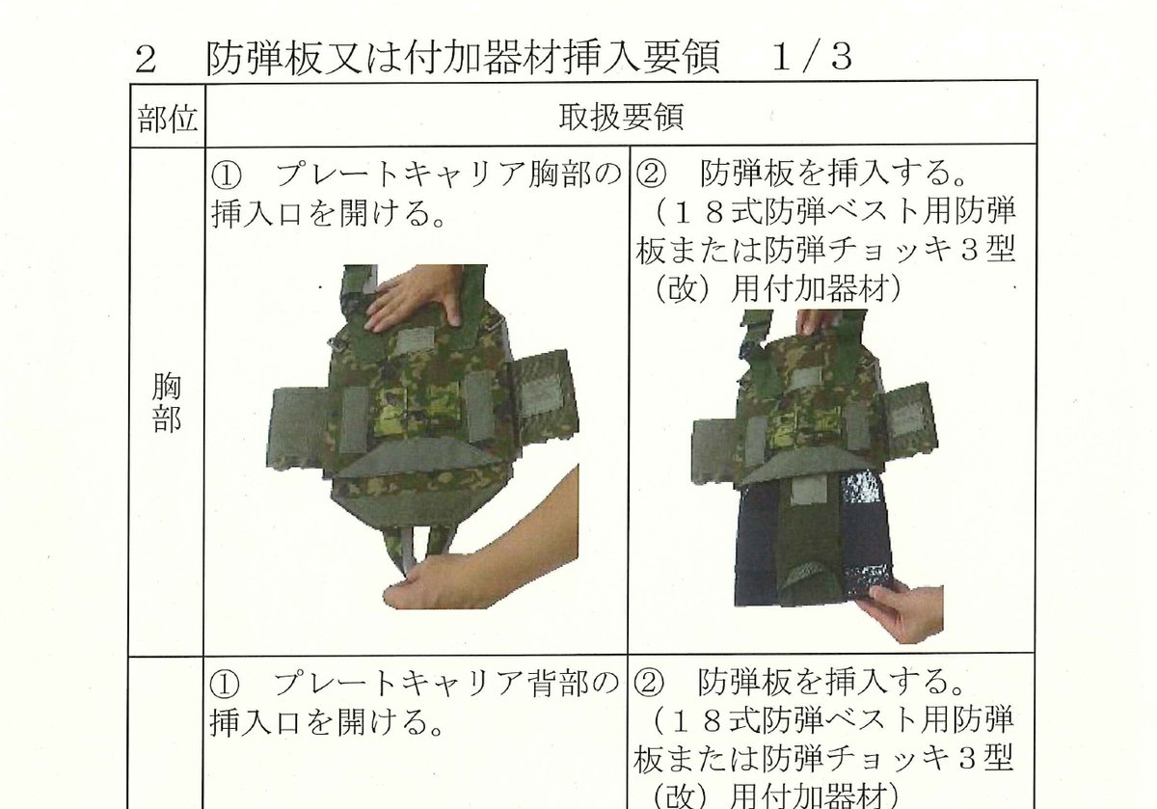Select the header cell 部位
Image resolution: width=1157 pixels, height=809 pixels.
coord(166,119)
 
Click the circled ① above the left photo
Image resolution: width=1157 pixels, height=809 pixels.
coord(224,176)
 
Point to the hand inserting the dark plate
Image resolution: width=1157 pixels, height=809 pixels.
coord(901,612)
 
